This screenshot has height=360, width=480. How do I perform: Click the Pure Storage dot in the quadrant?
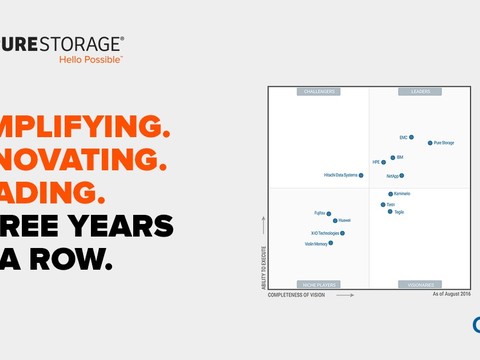click(430, 143)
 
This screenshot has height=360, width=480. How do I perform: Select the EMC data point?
click(411, 137)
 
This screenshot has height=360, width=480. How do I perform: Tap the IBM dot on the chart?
click(392, 157)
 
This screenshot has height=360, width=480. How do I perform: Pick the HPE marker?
click(383, 162)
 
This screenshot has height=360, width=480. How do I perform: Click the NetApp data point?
click(402, 175)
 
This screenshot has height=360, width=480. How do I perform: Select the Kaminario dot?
click(390, 194)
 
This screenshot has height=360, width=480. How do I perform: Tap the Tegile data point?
click(390, 212)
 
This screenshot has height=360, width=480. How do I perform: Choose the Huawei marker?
click(335, 220)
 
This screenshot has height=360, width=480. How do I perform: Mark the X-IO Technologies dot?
click(342, 233)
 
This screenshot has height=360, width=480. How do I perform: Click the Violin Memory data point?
click(330, 243)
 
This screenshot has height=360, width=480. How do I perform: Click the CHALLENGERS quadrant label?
click(318, 92)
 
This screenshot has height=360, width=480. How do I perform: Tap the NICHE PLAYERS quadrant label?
click(318, 285)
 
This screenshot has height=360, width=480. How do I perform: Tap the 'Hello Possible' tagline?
click(90, 59)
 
